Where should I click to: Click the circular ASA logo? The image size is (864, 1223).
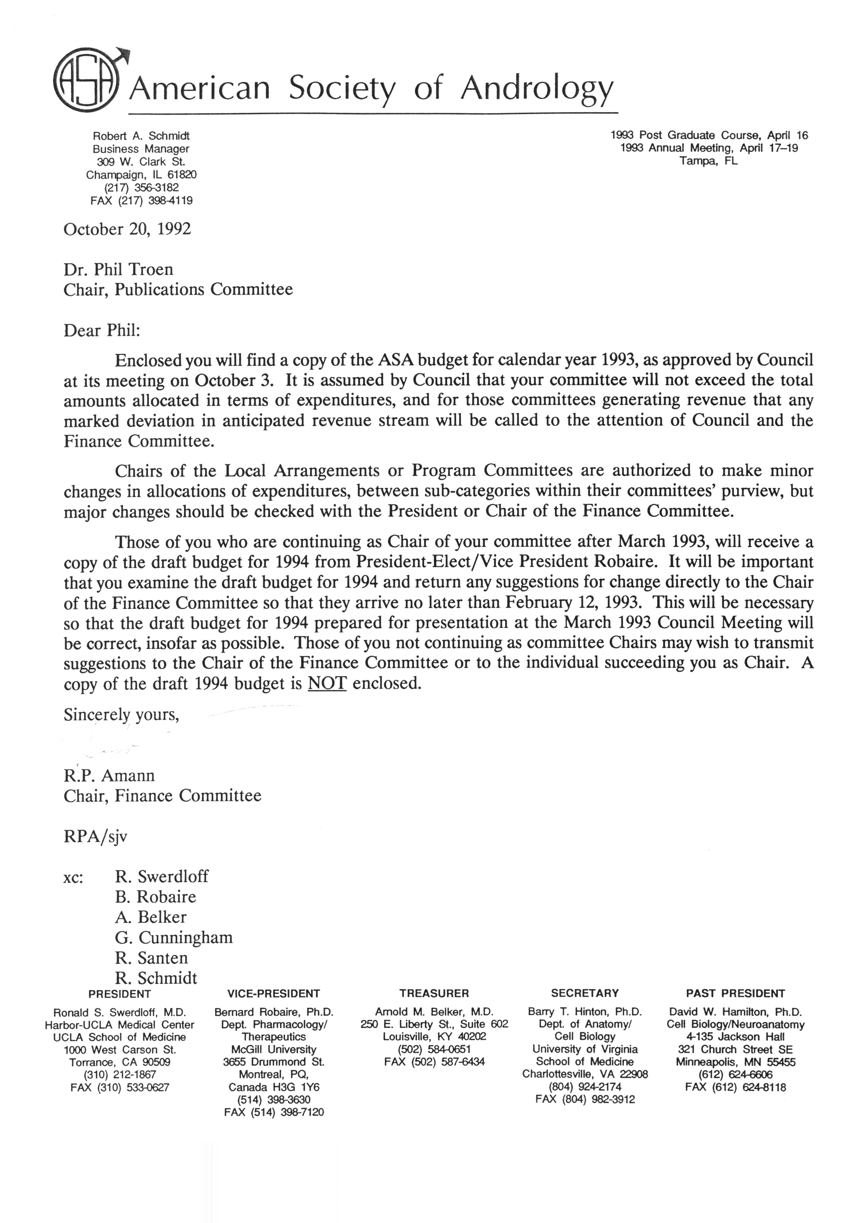pos(85,84)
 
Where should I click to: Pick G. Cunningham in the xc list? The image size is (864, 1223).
pos(173,937)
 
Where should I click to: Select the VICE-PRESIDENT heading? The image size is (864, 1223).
pos(274,993)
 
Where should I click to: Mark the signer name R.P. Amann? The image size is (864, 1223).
pos(109,776)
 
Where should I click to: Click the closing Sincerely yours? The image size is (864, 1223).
pos(121,714)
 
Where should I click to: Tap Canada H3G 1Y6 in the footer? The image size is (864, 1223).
pos(274,1087)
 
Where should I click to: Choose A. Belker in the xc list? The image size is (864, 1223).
pos(151,917)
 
